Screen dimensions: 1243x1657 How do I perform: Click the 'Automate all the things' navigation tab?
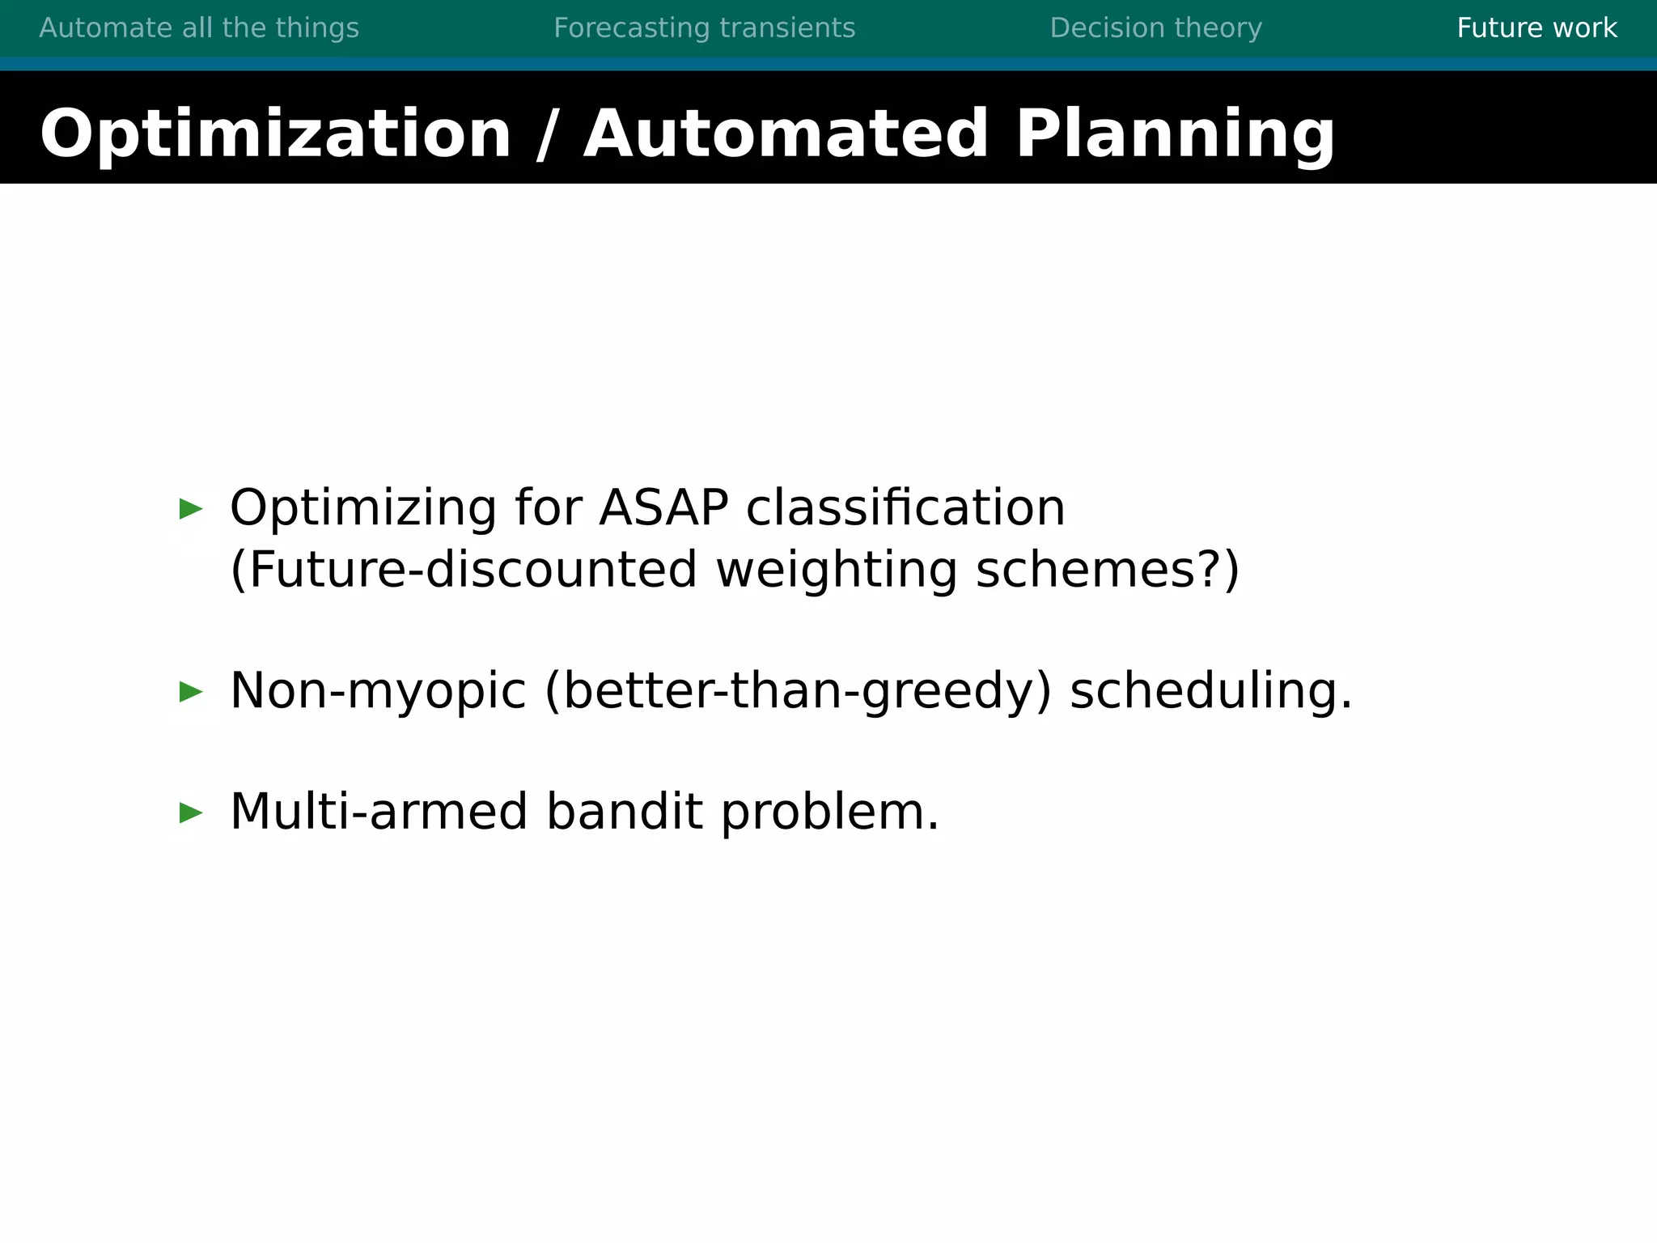coord(199,28)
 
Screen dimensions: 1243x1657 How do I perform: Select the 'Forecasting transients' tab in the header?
coord(704,28)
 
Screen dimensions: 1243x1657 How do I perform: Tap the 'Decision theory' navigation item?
coord(1155,28)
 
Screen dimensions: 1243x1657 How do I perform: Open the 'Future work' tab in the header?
coord(1536,28)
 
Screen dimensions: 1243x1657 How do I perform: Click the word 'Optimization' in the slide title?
coord(275,134)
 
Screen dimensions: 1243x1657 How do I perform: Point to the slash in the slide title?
coord(547,134)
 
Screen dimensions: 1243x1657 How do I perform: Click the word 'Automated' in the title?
coord(785,134)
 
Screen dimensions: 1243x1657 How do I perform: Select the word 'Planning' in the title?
coord(1175,134)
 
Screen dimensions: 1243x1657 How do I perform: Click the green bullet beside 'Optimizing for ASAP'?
coord(191,509)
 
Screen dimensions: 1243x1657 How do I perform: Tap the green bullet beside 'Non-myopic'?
coord(191,692)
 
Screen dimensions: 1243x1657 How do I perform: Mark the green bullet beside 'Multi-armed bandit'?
coord(191,812)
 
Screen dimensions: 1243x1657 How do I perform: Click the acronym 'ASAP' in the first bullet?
coord(663,508)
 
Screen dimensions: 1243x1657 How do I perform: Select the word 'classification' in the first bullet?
coord(905,508)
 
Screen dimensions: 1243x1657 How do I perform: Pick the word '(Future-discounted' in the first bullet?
coord(463,570)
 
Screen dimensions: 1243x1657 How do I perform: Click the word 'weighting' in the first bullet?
coord(837,570)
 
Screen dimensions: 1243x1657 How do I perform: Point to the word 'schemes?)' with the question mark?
coord(1107,570)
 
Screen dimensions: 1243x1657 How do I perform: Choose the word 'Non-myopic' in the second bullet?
coord(378,691)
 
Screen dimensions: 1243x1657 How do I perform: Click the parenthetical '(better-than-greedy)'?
coord(798,691)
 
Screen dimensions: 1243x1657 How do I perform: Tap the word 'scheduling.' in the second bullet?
coord(1210,691)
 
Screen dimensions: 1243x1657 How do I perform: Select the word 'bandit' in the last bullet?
coord(624,812)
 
